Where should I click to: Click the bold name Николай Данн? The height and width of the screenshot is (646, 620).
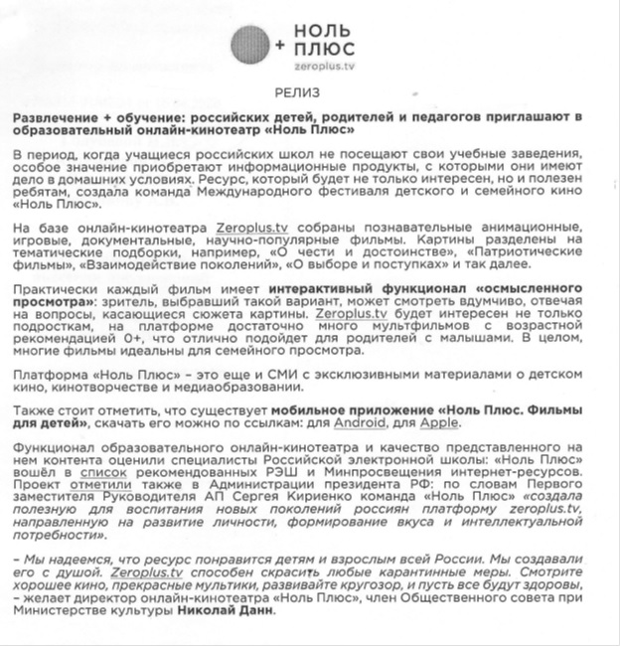[223, 611]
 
